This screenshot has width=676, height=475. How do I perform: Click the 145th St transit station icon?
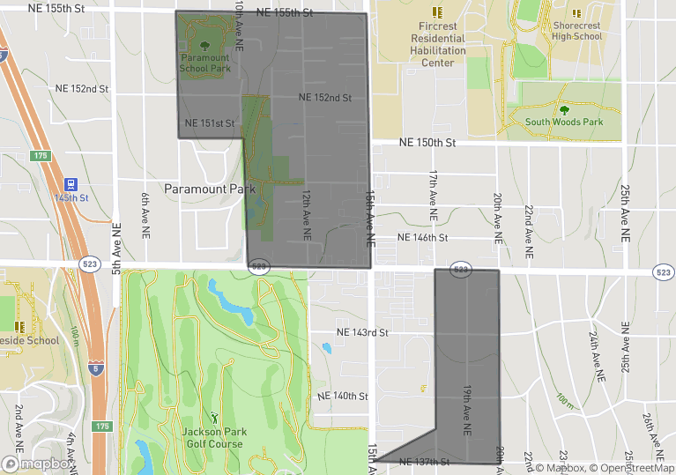pos(71,184)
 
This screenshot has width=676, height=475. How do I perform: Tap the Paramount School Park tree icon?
pos(205,46)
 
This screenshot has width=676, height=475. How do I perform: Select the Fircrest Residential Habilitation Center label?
pos(438,44)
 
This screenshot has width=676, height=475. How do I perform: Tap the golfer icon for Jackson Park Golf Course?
pos(212,418)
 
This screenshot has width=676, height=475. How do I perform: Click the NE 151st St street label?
pos(210,122)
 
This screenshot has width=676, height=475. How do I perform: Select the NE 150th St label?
pos(427,142)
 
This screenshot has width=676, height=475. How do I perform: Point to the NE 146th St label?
pos(423,238)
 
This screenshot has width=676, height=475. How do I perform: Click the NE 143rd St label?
pos(363,332)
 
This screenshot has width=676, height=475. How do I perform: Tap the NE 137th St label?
pos(424,462)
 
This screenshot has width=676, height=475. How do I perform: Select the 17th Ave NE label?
pos(434,195)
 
